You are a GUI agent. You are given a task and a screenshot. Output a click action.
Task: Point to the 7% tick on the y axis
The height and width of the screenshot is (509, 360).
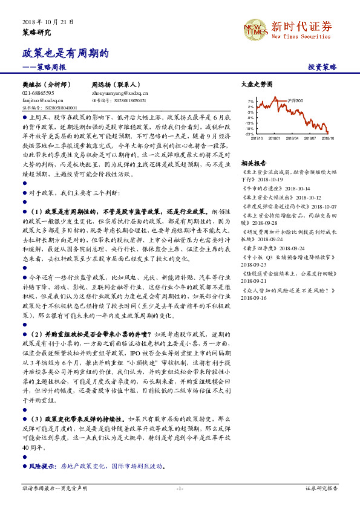[x=250, y=101]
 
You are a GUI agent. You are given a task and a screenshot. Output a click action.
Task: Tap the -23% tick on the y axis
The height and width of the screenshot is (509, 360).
[x=249, y=134]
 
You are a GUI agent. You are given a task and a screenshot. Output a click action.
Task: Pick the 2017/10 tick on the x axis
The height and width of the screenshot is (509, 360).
[x=257, y=138]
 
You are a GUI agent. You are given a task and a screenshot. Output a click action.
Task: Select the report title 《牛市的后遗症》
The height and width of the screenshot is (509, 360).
[x=263, y=189]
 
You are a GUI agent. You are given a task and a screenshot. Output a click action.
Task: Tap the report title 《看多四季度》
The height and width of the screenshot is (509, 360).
[x=263, y=248]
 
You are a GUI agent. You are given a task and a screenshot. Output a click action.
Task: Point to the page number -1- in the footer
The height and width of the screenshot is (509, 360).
[x=180, y=488]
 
